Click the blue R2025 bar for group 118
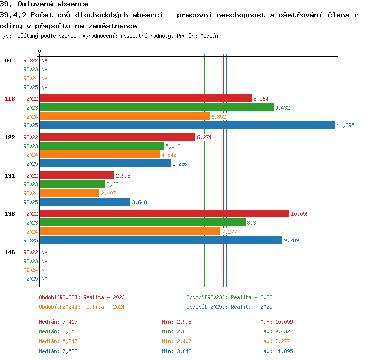[x=187, y=125]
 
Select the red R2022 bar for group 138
[x=165, y=213]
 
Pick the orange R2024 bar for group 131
[x=70, y=193]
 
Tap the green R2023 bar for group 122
[x=102, y=146]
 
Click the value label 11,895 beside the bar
[x=345, y=125]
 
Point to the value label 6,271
[x=204, y=137]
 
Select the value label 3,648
[x=139, y=202]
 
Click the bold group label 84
[x=8, y=60]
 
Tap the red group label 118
[x=10, y=99]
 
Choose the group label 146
[x=10, y=252]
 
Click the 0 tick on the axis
[x=39, y=51]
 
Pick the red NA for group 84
[x=44, y=60]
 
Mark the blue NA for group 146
[x=44, y=279]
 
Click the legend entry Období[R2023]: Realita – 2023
[x=229, y=297]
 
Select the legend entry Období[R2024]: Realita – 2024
[x=82, y=307]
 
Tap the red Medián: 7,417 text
[x=58, y=322]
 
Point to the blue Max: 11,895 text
[x=277, y=351]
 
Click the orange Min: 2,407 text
[x=177, y=341]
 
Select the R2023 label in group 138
[x=31, y=223]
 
